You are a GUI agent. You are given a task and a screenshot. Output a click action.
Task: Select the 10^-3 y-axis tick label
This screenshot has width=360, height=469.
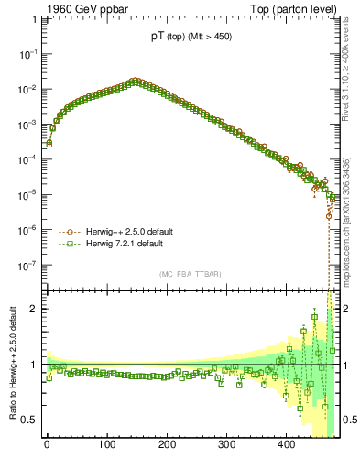click(27, 125)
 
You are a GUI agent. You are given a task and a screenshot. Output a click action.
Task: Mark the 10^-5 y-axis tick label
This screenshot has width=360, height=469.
click(27, 194)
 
